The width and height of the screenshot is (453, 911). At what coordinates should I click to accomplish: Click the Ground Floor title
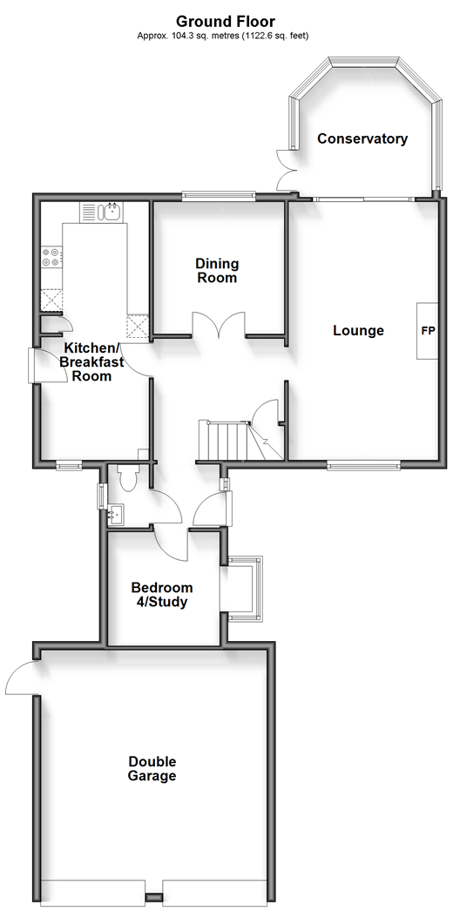pyautogui.click(x=226, y=22)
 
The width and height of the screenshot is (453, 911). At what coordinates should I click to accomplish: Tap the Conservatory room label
pyautogui.click(x=362, y=138)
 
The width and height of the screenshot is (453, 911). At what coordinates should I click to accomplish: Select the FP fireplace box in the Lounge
pyautogui.click(x=428, y=331)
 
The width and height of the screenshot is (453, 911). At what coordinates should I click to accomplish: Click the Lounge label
pyautogui.click(x=358, y=331)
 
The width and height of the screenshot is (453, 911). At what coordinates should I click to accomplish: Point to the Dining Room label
pyautogui.click(x=217, y=271)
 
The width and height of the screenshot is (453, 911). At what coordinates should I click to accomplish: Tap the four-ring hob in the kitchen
pyautogui.click(x=51, y=258)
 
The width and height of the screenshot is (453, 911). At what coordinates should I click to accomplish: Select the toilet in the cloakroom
pyautogui.click(x=126, y=477)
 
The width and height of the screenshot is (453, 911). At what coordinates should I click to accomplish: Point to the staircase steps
pyautogui.click(x=224, y=440)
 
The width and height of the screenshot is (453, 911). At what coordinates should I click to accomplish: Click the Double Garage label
pyautogui.click(x=152, y=769)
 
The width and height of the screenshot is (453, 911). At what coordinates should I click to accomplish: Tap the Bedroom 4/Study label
pyautogui.click(x=161, y=594)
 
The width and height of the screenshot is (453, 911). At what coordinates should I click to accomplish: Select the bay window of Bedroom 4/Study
pyautogui.click(x=241, y=588)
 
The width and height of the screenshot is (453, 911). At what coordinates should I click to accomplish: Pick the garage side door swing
pyautogui.click(x=20, y=678)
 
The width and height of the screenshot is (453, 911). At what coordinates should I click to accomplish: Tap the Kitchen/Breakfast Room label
pyautogui.click(x=91, y=362)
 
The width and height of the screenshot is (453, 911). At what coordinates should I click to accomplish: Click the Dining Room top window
pyautogui.click(x=219, y=196)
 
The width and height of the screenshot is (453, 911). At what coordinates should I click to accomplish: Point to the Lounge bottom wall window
pyautogui.click(x=363, y=465)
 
